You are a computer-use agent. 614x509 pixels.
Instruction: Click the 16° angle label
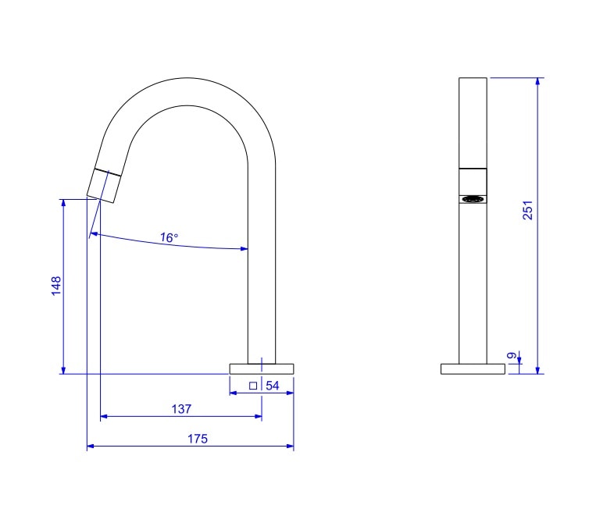170,237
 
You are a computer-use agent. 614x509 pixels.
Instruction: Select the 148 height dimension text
55,287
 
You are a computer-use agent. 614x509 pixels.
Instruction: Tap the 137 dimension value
181,408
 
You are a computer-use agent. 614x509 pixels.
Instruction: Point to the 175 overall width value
198,439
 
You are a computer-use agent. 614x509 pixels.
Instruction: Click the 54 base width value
273,386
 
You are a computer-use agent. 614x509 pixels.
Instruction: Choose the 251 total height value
527,211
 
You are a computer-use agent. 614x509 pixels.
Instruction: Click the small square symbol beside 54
252,386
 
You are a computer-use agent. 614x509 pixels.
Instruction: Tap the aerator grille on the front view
473,199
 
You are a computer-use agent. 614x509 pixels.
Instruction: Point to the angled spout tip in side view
104,185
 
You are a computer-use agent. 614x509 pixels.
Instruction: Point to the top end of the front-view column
473,80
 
